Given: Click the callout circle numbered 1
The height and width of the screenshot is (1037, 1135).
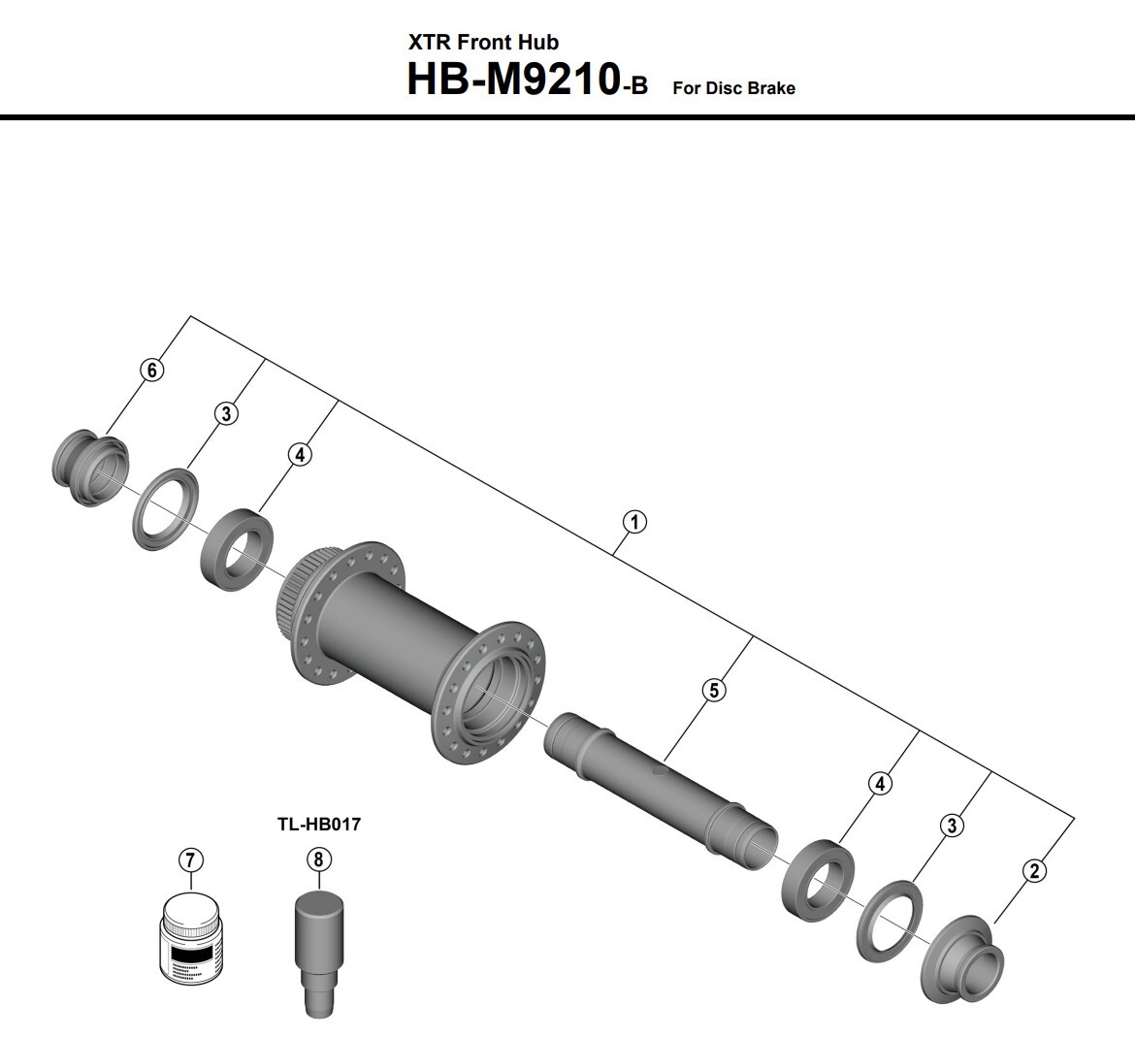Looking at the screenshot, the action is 634,522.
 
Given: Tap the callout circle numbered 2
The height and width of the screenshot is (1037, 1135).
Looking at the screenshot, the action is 1034,870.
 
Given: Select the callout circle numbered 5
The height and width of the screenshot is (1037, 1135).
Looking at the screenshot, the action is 714,691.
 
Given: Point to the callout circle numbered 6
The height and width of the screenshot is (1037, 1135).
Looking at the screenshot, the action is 152,371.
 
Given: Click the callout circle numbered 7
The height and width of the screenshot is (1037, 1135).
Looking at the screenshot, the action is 190,860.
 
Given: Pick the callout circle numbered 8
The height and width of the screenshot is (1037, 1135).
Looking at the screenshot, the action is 318,859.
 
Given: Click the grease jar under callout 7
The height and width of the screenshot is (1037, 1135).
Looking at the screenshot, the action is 189,939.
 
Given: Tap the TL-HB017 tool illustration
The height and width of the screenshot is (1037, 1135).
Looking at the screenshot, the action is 318,952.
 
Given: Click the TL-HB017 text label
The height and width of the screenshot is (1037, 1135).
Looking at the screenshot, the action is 318,825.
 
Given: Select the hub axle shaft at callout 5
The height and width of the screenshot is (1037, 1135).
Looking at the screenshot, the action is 661,791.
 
